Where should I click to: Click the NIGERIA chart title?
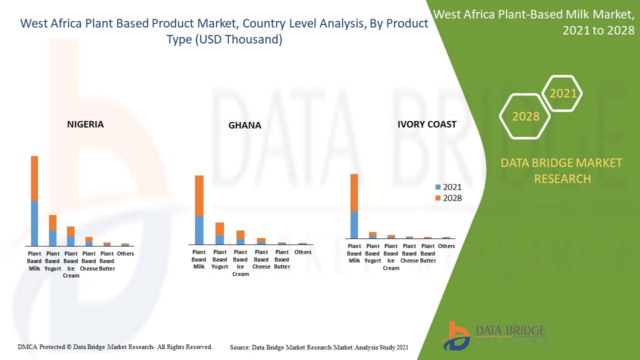pyautogui.click(x=85, y=124)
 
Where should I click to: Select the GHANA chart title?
pyautogui.click(x=244, y=125)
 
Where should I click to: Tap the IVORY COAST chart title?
pyautogui.click(x=426, y=124)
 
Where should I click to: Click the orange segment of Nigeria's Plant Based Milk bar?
pyautogui.click(x=34, y=178)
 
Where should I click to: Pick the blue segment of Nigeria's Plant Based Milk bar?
pyautogui.click(x=34, y=223)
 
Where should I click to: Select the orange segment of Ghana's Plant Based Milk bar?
pyautogui.click(x=199, y=195)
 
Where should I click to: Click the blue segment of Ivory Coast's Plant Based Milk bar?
pyautogui.click(x=354, y=225)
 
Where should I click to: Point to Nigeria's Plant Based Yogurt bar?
pyautogui.click(x=52, y=230)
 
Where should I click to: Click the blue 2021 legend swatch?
pyautogui.click(x=438, y=187)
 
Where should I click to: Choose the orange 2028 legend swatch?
pyautogui.click(x=438, y=198)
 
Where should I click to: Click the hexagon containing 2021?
pyautogui.click(x=562, y=93)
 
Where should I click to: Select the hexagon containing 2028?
pyautogui.click(x=525, y=116)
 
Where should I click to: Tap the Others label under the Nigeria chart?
pyautogui.click(x=125, y=253)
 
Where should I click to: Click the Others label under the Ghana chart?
pyautogui.click(x=303, y=252)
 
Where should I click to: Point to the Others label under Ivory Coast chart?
pyautogui.click(x=446, y=246)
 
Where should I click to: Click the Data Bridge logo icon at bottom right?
pyautogui.click(x=455, y=335)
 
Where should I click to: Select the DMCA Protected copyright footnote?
pyautogui.click(x=115, y=346)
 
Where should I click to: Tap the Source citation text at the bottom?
pyautogui.click(x=319, y=347)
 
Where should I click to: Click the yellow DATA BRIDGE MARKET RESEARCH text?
pyautogui.click(x=562, y=170)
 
